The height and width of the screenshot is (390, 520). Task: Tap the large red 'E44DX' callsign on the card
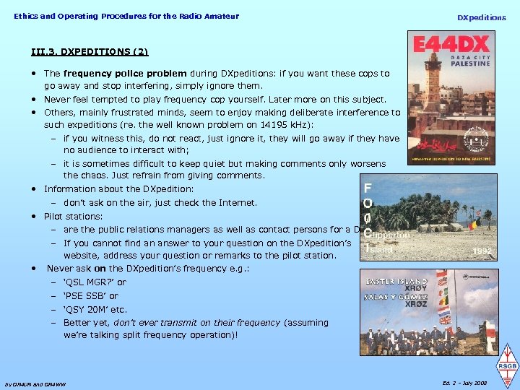[450, 47]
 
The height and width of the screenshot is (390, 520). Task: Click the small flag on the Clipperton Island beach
[473, 224]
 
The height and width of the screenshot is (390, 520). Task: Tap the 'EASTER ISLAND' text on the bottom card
[396, 282]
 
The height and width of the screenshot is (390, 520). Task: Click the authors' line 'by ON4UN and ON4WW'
[35, 383]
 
